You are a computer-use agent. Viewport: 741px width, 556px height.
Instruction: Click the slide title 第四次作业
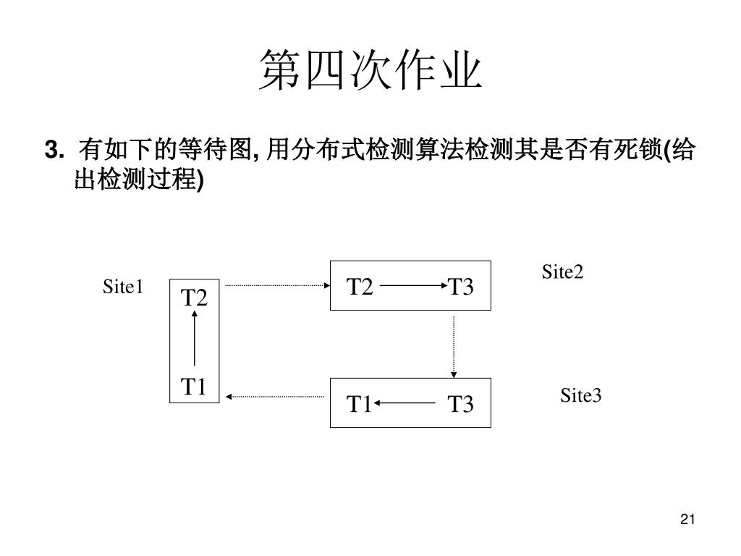point(370,71)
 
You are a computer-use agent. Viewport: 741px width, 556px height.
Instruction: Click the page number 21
point(687,519)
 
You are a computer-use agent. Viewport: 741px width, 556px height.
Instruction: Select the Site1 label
point(124,287)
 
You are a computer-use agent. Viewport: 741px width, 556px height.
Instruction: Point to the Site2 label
point(562,271)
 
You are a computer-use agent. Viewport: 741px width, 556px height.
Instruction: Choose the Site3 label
point(580,395)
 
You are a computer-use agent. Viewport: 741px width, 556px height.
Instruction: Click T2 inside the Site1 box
point(194,298)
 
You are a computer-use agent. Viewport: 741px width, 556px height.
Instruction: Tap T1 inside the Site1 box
point(194,387)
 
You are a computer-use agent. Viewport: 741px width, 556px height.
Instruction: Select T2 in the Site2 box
point(360,287)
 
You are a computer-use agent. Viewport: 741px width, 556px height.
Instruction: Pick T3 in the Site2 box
point(460,287)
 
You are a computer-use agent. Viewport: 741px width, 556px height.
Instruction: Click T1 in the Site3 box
point(359,403)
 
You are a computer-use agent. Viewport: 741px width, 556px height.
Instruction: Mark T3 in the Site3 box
point(460,403)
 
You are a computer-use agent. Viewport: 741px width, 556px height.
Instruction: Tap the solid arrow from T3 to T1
point(405,403)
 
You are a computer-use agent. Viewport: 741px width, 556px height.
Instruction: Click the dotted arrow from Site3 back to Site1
point(275,396)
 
